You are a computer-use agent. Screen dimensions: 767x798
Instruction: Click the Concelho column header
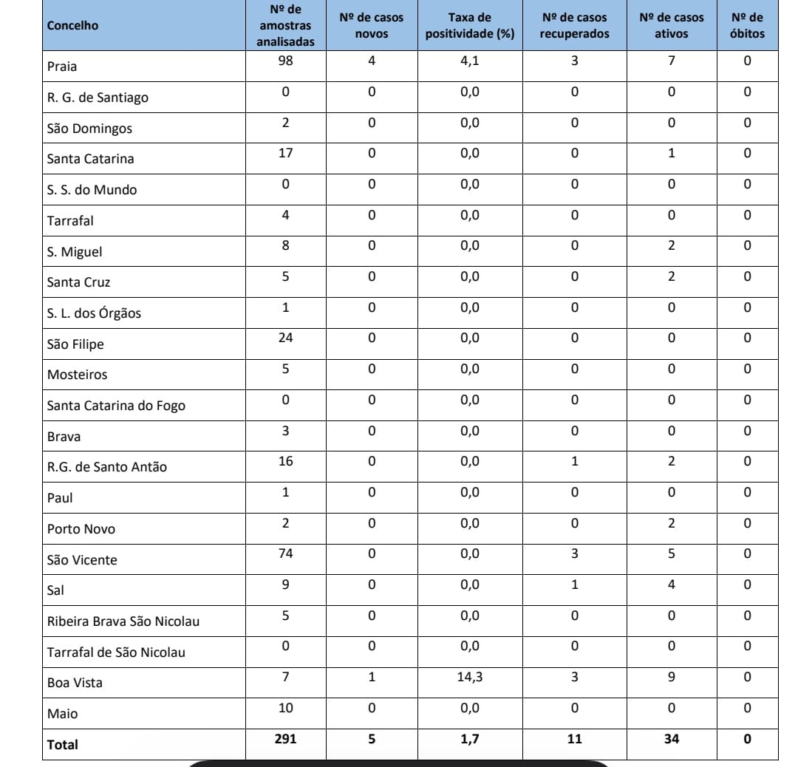72,26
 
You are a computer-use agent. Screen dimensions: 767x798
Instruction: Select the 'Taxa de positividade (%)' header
471,26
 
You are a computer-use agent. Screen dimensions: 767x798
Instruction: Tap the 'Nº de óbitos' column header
747,26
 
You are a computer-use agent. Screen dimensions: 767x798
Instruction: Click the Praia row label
62,67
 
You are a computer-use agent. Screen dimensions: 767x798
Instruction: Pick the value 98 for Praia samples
285,61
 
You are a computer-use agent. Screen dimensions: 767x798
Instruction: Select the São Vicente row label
82,560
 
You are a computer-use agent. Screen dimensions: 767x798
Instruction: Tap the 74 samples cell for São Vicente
285,554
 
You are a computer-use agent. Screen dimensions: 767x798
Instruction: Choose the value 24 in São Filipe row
285,338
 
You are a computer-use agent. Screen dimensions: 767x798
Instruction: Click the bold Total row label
62,746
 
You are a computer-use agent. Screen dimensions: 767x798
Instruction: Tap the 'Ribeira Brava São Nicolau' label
123,621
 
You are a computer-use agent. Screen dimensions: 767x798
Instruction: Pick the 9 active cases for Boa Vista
671,677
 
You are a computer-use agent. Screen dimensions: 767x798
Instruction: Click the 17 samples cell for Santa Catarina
285,154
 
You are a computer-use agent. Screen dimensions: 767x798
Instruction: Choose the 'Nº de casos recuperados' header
574,26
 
